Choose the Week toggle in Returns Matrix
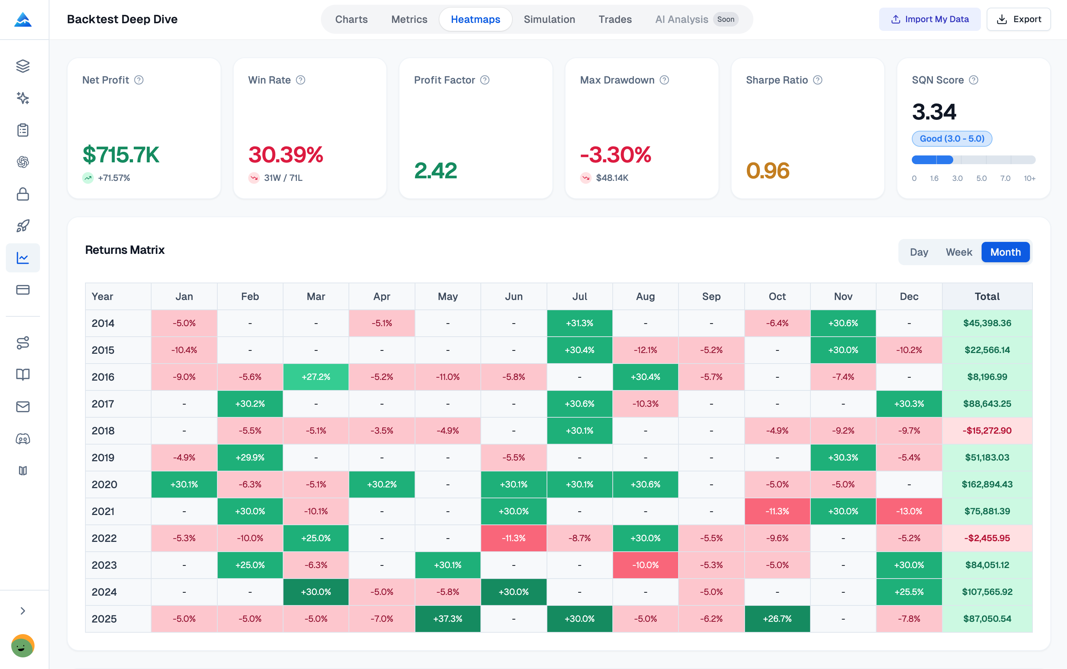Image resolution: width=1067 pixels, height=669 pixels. [959, 252]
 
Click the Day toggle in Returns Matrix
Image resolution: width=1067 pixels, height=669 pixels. [919, 252]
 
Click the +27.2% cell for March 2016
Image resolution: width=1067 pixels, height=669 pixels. [316, 377]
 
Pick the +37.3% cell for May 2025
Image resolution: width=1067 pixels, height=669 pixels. [448, 619]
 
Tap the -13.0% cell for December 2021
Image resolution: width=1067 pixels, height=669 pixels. [909, 511]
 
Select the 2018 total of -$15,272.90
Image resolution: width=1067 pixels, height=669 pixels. [987, 430]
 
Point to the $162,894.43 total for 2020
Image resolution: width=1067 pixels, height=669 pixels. [987, 484]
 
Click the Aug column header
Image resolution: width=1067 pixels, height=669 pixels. [645, 296]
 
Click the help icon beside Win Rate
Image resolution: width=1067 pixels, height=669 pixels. [301, 80]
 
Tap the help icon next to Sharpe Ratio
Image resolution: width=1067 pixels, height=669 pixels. [818, 80]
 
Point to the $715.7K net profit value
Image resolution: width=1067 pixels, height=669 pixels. [121, 155]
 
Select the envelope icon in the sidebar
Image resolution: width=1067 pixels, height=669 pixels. [23, 407]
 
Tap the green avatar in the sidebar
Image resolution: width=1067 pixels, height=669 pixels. [23, 646]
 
